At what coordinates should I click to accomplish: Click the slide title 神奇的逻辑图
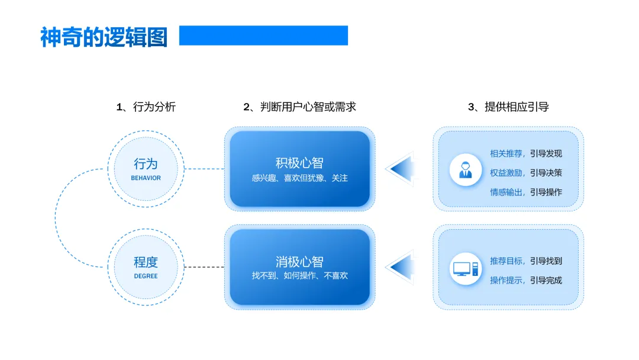tap(104, 37)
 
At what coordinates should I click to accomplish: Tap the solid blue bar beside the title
tap(263, 36)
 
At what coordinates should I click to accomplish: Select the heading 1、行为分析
tap(146, 107)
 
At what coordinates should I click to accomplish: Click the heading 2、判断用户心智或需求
tap(299, 107)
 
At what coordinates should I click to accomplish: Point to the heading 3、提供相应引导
tap(508, 107)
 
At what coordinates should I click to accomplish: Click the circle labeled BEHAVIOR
tap(146, 169)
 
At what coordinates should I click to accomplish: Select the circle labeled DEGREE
tap(146, 267)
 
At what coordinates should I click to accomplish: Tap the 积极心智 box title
tap(299, 163)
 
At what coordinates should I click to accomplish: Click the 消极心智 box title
tap(299, 261)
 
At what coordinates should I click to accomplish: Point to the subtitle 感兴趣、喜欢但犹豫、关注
tap(299, 178)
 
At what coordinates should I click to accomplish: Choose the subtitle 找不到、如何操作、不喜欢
tap(299, 275)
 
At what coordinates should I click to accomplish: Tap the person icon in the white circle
tap(466, 170)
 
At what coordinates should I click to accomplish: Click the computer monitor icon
tap(466, 269)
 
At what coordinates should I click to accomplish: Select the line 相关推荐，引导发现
tap(526, 153)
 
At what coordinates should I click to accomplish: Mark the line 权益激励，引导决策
tap(526, 173)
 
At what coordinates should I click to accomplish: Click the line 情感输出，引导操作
tap(526, 192)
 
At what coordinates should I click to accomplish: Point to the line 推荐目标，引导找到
tap(526, 261)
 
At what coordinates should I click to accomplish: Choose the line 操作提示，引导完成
tap(526, 280)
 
